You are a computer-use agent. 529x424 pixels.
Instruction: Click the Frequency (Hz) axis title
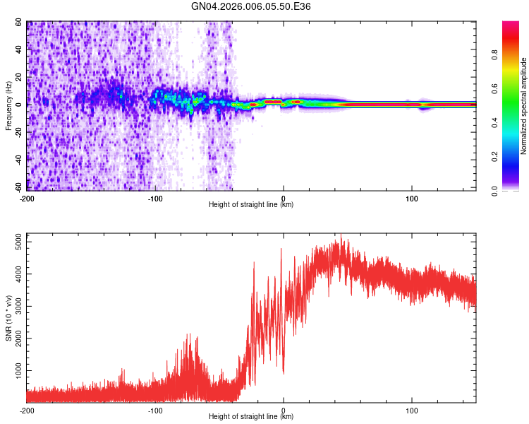tap(8, 106)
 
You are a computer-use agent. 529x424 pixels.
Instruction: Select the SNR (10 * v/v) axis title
tap(8, 318)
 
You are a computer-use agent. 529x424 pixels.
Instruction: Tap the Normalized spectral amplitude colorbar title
tap(524, 106)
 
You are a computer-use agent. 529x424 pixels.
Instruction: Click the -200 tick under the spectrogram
tap(27, 197)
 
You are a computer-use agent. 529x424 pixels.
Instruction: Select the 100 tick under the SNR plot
tap(412, 409)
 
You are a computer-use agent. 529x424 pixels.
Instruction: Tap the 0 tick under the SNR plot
tap(284, 409)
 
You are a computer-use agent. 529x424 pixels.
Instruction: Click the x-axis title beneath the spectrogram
tap(251, 205)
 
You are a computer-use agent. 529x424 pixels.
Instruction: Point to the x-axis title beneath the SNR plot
tap(251, 417)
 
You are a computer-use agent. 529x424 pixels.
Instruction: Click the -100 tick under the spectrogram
tap(155, 197)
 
